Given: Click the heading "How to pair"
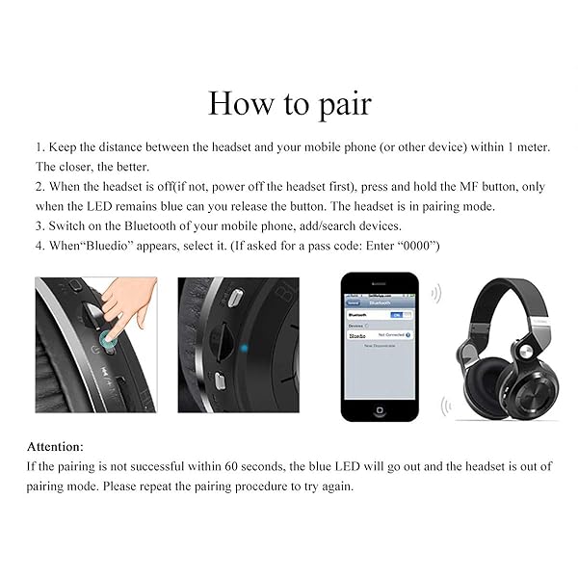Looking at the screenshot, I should [289, 102].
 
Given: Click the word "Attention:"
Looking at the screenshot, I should [55, 447].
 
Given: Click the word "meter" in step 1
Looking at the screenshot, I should [526, 146].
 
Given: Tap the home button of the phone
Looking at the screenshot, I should [381, 409].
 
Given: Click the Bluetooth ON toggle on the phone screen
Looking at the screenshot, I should [395, 314].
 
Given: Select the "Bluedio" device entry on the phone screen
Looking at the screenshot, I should [358, 335].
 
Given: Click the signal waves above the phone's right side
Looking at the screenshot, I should [435, 293].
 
